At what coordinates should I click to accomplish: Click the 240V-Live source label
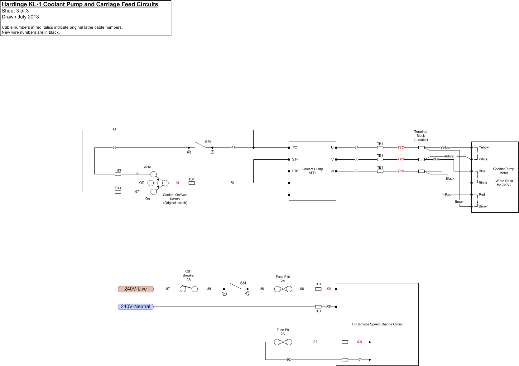pos(136,289)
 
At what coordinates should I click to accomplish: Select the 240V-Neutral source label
pos(136,307)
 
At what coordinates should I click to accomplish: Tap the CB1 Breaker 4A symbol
pos(189,289)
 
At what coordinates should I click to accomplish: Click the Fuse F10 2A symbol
pos(283,289)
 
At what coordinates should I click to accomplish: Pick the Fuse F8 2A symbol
pos(283,342)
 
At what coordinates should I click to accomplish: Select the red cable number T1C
pos(401,147)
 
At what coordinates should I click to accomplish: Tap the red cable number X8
pos(329,307)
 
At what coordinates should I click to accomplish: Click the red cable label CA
pos(359,342)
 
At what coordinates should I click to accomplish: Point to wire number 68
pos(114,130)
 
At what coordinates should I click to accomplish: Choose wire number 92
pos(289,360)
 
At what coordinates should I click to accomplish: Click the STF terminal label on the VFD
pos(295,160)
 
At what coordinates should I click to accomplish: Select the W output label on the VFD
pos(332,171)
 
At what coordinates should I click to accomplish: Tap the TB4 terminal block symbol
pos(192,183)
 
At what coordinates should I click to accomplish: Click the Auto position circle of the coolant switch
pos(154,174)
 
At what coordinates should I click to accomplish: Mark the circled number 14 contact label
pos(224,294)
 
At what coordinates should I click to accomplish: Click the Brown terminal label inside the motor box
pos(483,206)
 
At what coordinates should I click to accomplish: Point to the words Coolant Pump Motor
pos(503,171)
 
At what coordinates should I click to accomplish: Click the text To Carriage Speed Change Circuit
pos(377,324)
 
